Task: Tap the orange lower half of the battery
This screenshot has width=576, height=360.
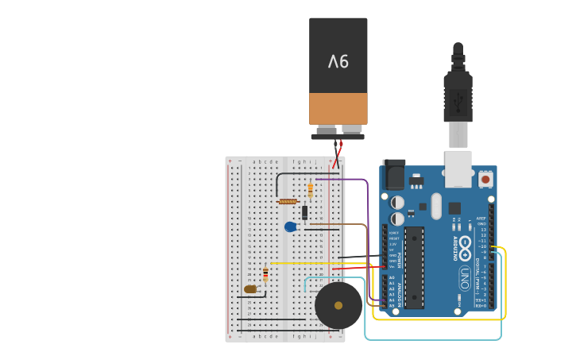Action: pos(338,108)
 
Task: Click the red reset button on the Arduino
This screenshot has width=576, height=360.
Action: pos(485,179)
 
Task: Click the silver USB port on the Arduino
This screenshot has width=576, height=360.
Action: pos(458,168)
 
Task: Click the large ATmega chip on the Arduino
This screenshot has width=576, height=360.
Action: pos(414,268)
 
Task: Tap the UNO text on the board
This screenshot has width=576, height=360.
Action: pos(464,277)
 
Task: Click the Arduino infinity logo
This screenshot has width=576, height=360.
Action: pos(465,252)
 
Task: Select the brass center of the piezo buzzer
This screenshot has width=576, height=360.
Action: pos(338,305)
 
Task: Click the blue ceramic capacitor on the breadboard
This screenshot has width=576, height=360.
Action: pos(291,226)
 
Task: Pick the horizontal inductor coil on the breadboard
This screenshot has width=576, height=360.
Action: pos(288,201)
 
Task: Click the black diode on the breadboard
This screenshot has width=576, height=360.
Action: pos(304,212)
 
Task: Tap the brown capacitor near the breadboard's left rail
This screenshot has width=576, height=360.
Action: pos(250,289)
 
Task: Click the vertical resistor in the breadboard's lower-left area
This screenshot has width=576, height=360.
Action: pos(265,275)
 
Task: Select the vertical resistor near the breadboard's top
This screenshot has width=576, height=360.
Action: pos(310,190)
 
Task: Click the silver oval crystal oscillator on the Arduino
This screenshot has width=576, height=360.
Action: pos(436,206)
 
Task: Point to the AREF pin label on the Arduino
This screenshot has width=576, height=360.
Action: pos(481,219)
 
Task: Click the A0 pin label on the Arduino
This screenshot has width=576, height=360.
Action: pos(392,277)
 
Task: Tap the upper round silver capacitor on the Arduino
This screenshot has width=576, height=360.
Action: pos(398,203)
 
